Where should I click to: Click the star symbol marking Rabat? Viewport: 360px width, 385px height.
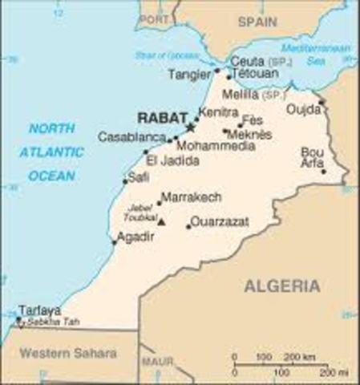(x=191, y=127)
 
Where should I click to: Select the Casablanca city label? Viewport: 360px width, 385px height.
(x=131, y=137)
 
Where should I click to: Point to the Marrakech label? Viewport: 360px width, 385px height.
(x=191, y=197)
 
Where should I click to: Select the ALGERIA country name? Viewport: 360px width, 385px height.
(x=282, y=286)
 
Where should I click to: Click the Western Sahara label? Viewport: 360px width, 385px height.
(x=68, y=353)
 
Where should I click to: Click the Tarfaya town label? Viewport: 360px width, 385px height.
(x=39, y=310)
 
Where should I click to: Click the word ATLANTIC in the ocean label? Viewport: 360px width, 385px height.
(x=52, y=151)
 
